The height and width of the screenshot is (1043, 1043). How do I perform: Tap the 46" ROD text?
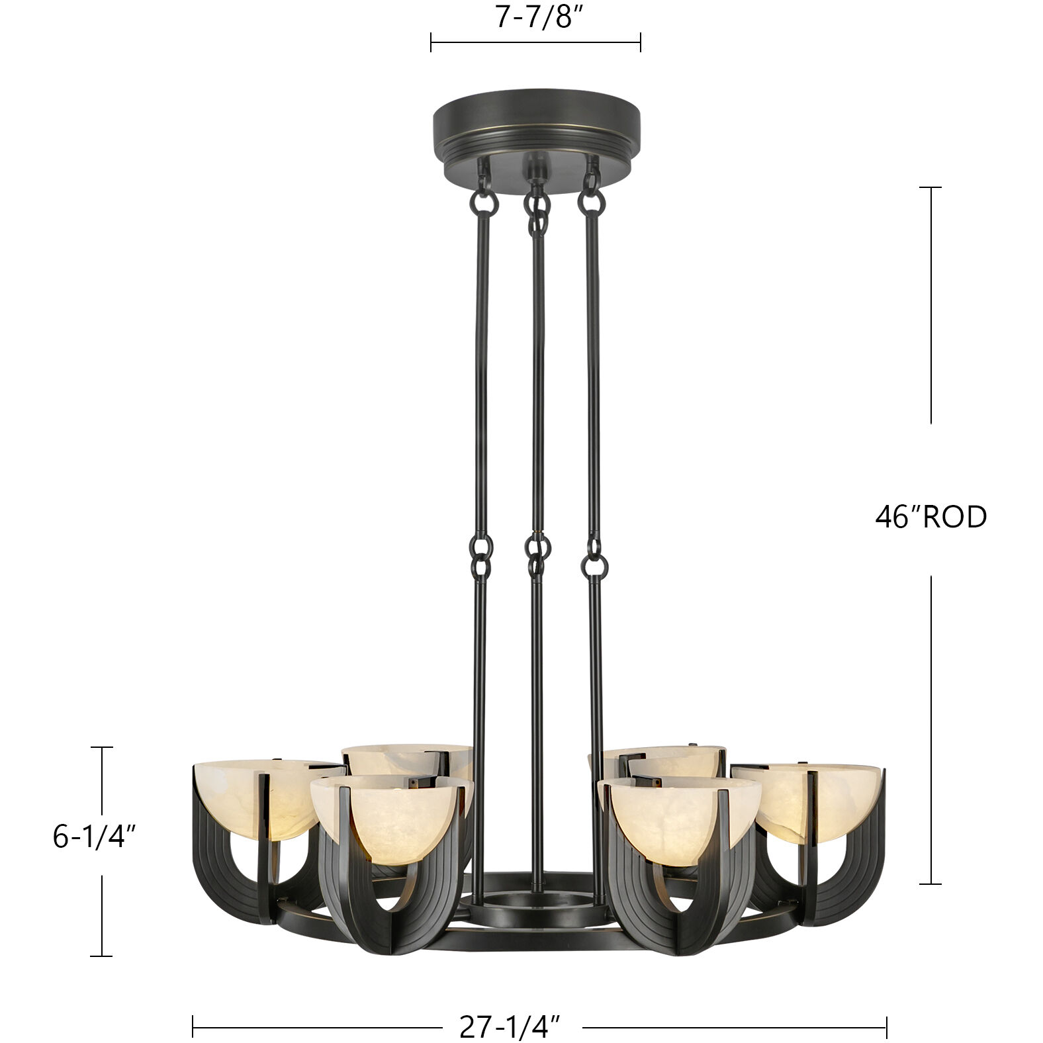click(930, 517)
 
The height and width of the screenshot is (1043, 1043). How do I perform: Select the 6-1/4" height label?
click(95, 837)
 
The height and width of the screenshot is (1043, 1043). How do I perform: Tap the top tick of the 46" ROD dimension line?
click(930, 188)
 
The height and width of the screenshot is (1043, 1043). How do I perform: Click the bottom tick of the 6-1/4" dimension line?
click(101, 956)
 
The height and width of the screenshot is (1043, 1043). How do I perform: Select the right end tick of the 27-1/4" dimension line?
click(886, 1027)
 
